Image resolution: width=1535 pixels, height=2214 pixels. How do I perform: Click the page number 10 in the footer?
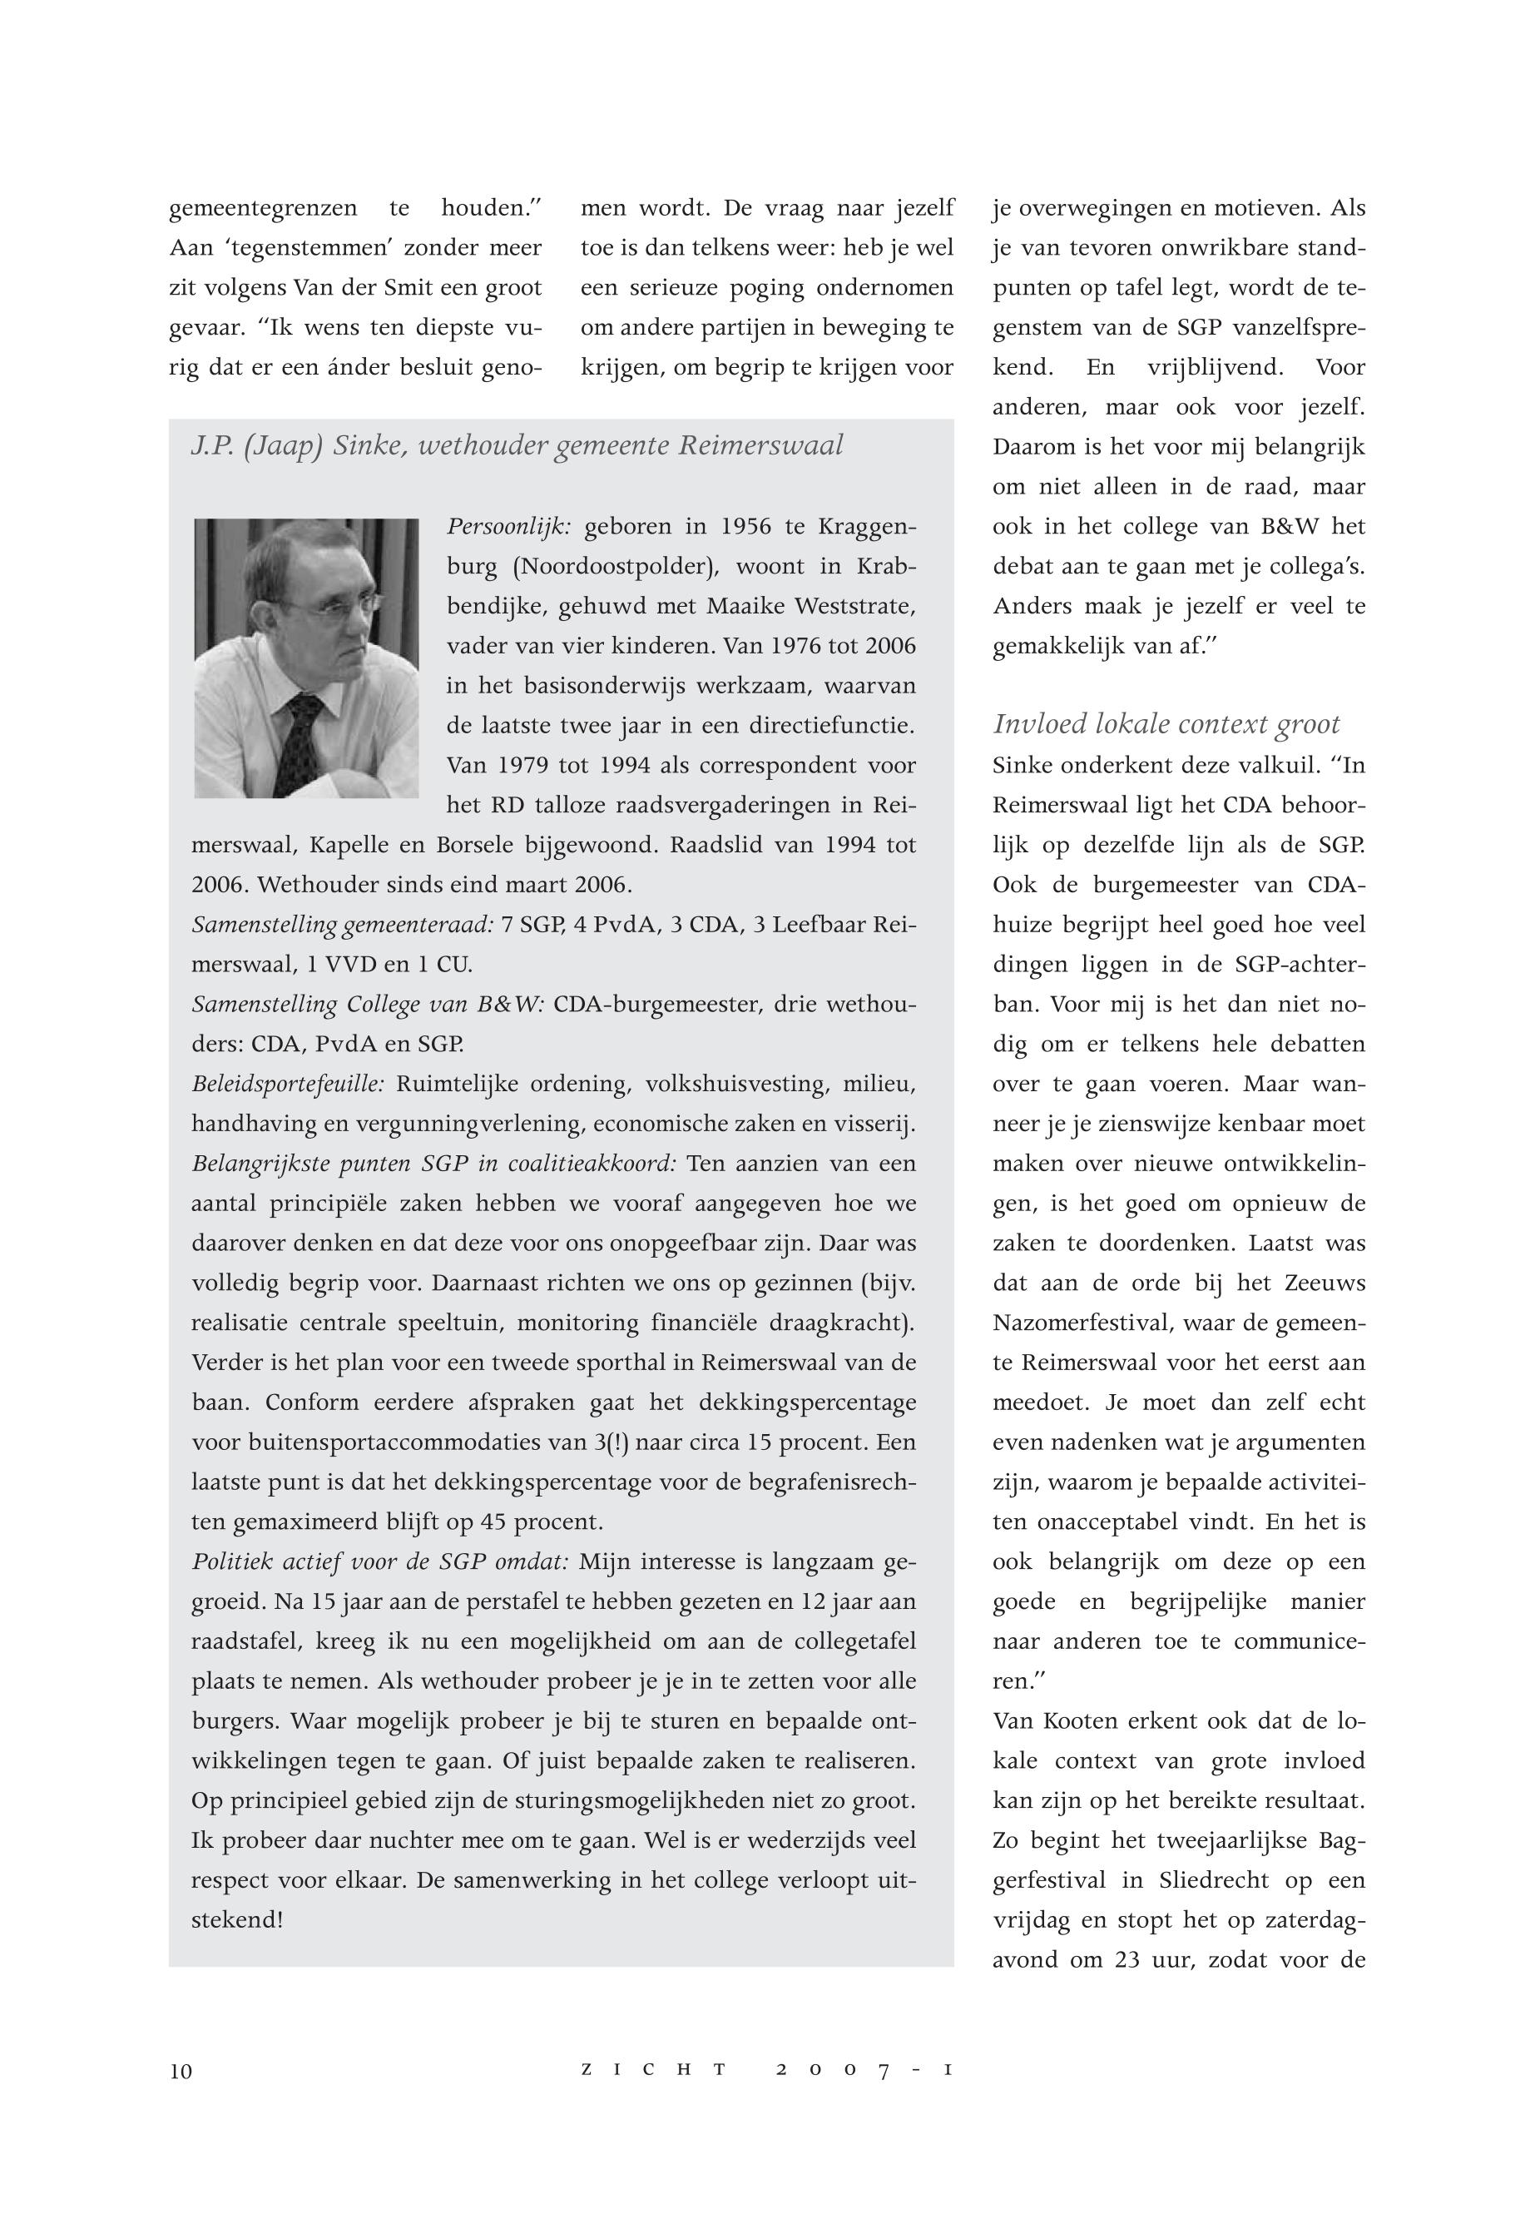pos(181,2072)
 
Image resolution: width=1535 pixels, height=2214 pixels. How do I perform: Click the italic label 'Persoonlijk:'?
pos(510,527)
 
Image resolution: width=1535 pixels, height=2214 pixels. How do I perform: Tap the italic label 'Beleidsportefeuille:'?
pos(288,1085)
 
